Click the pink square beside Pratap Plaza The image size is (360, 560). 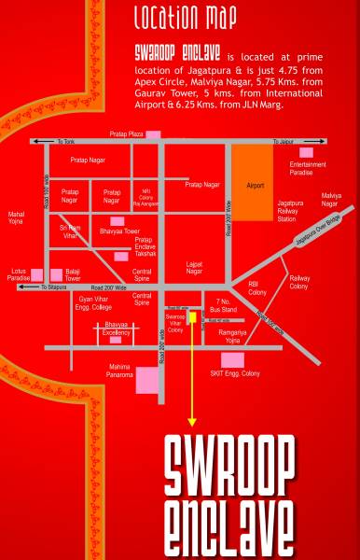click(x=153, y=134)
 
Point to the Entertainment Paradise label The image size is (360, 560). click(x=308, y=168)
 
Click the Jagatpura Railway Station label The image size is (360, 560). click(x=291, y=206)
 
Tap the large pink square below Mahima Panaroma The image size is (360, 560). click(x=147, y=379)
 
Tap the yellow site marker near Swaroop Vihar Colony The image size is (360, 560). click(x=192, y=317)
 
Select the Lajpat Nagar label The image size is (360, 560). click(x=194, y=269)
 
